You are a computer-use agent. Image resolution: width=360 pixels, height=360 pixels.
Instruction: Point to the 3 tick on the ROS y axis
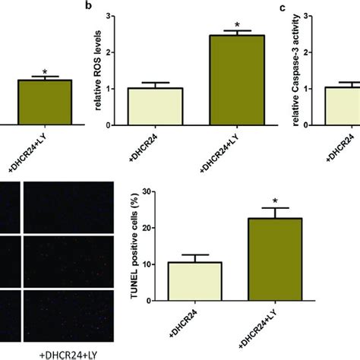click(x=114, y=15)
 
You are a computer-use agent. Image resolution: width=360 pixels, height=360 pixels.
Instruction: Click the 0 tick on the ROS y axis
click(x=114, y=123)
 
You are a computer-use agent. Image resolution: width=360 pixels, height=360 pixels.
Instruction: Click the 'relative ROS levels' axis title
click(x=100, y=70)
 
